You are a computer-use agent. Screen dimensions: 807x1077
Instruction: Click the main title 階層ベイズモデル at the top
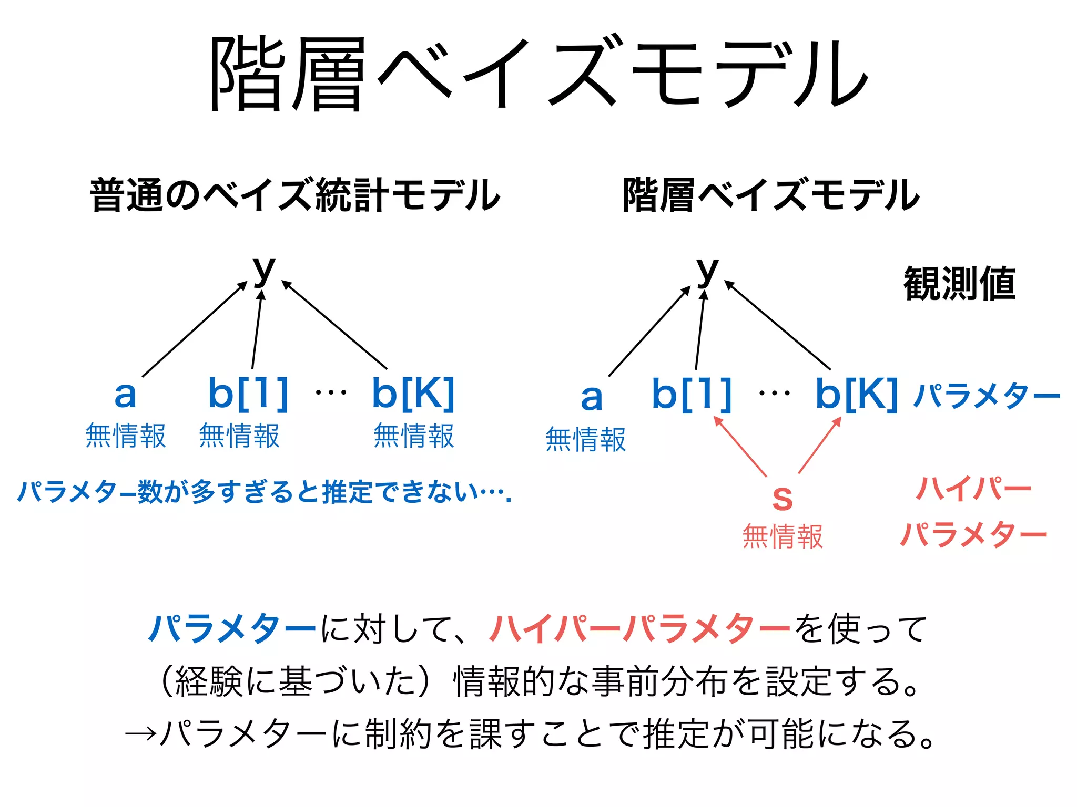tap(538, 74)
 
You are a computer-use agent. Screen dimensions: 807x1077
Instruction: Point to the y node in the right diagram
tap(707, 270)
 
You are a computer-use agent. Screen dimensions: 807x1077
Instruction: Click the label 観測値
tap(959, 284)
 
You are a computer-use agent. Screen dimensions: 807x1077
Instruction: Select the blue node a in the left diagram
tap(125, 394)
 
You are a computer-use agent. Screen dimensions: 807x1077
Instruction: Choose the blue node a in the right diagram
tap(592, 397)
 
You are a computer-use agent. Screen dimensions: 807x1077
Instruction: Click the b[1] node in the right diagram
tap(692, 394)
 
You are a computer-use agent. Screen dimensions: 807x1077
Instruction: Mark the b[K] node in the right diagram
tap(856, 394)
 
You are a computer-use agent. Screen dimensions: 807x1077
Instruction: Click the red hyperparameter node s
tap(782, 496)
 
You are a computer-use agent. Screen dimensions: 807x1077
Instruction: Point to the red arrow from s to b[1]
tap(740, 446)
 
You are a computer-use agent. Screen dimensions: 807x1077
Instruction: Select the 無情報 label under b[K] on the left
tap(413, 436)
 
